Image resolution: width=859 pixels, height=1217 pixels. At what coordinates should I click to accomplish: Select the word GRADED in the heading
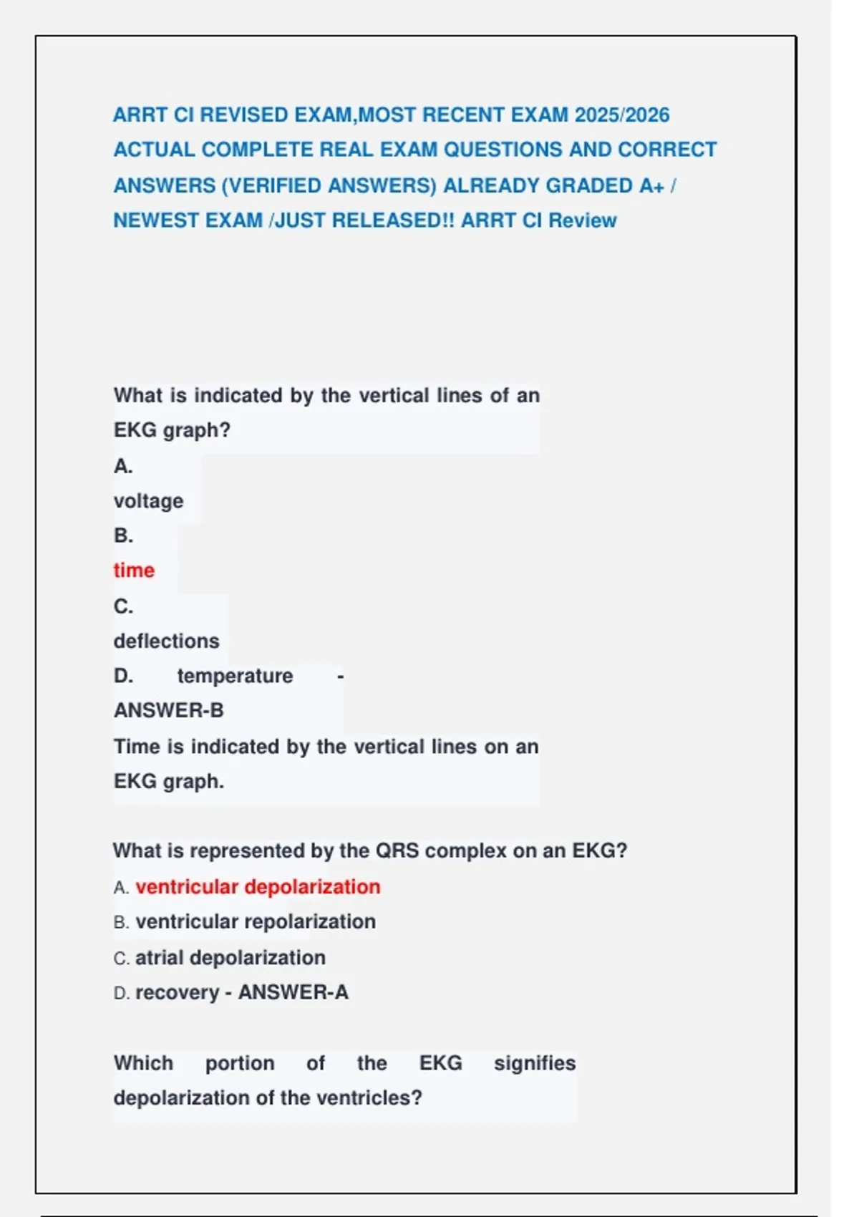click(x=589, y=185)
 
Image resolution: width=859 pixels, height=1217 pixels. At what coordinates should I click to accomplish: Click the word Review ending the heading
click(x=582, y=220)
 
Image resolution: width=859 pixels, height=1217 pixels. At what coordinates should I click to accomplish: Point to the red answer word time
click(x=134, y=571)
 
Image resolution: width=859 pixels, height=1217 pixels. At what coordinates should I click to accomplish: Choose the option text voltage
click(x=148, y=501)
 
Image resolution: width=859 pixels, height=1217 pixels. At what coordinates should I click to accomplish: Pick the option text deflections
click(x=166, y=641)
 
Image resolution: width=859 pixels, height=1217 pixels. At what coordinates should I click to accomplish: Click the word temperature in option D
click(x=235, y=676)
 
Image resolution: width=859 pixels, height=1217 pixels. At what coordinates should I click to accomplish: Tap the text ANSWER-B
click(x=169, y=710)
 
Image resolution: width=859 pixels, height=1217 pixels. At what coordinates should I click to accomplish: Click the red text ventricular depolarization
click(x=258, y=887)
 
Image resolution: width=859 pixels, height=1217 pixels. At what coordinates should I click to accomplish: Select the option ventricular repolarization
click(x=256, y=922)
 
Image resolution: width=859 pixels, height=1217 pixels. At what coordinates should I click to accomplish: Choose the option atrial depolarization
click(x=230, y=958)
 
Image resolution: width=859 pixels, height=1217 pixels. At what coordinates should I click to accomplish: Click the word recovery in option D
click(x=177, y=993)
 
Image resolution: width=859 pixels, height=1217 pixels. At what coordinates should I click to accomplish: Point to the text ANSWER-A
click(x=293, y=993)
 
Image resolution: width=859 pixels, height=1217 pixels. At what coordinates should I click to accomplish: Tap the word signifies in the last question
click(x=534, y=1063)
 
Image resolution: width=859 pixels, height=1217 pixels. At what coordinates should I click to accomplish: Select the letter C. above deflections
click(x=123, y=606)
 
